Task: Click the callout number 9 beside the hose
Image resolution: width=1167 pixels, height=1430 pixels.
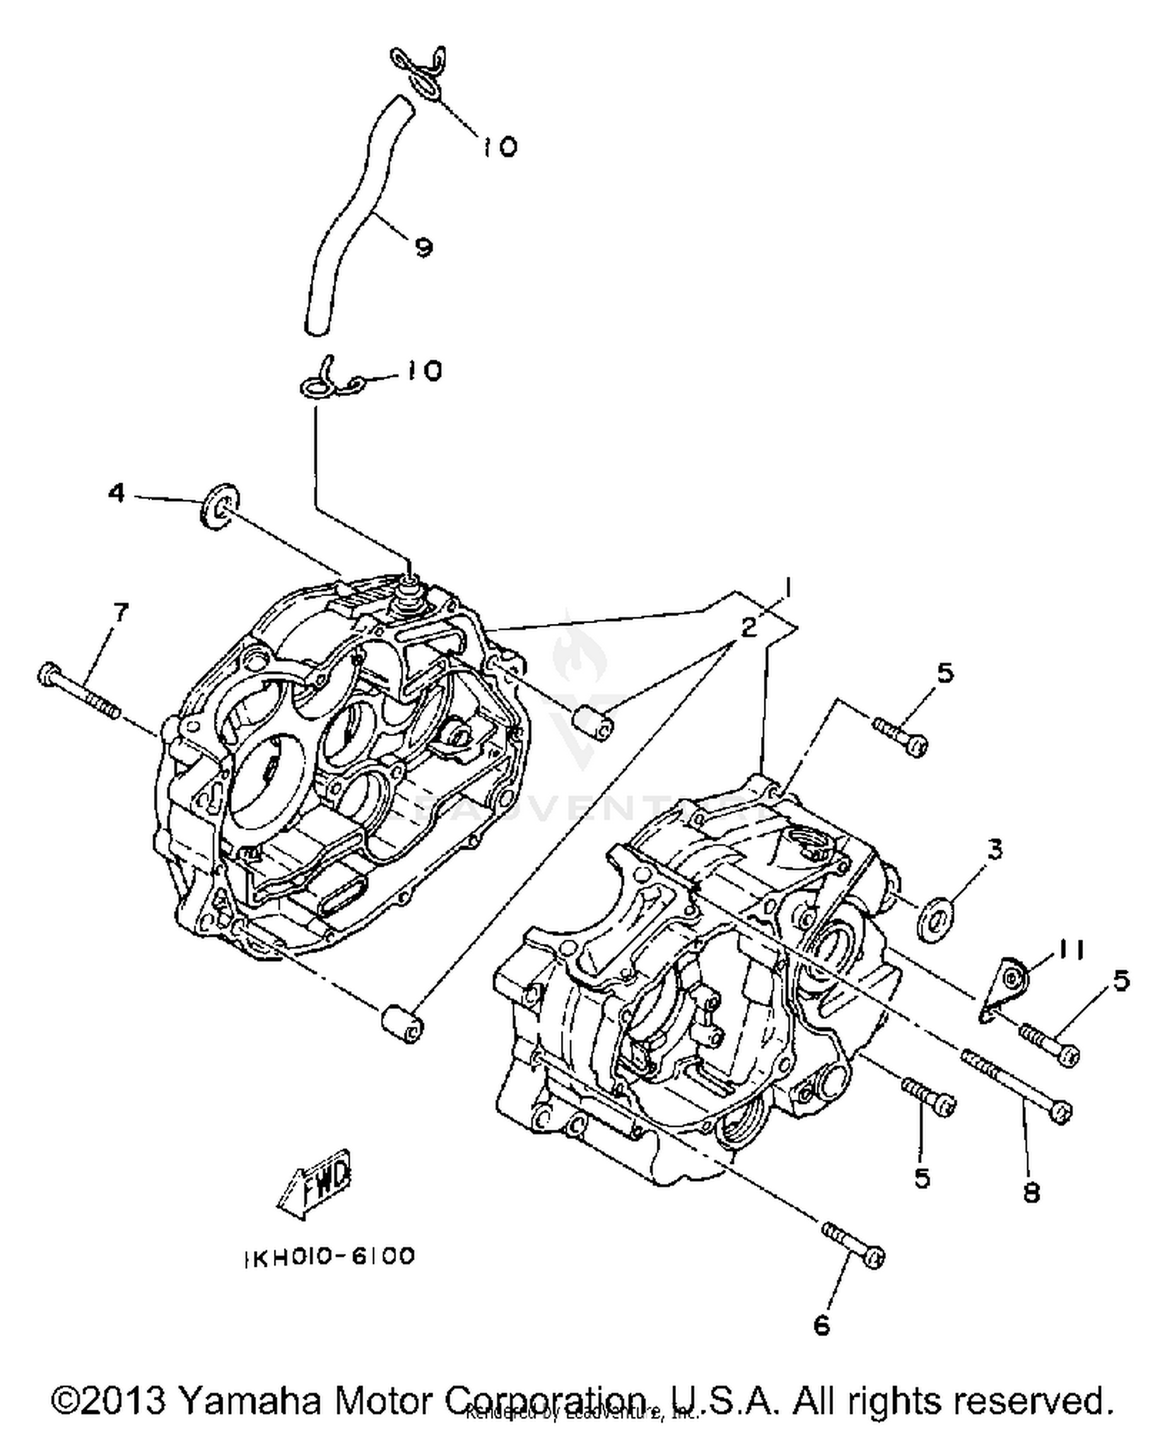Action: click(422, 247)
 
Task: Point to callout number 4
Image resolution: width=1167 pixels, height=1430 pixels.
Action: click(117, 492)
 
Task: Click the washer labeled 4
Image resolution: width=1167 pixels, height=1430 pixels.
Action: click(219, 506)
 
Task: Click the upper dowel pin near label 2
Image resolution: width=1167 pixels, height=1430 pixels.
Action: click(594, 721)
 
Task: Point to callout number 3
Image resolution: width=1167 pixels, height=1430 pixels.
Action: click(995, 849)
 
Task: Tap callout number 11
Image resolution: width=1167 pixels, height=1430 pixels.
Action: click(1071, 951)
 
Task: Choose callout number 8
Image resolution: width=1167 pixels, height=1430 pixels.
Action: click(1032, 1193)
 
